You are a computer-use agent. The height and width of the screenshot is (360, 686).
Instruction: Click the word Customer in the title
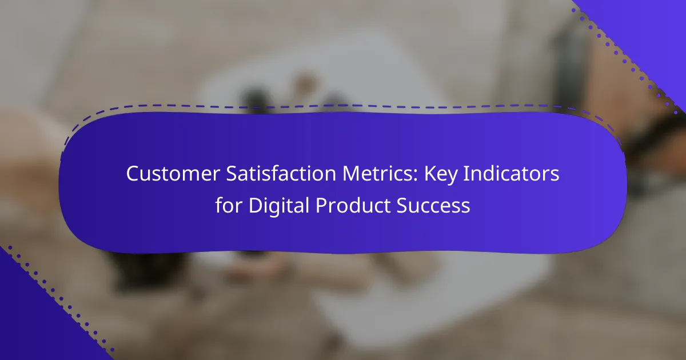point(173,174)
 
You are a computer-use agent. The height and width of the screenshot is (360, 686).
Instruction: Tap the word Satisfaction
point(281,173)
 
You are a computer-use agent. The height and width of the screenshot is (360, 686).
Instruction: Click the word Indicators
point(511,173)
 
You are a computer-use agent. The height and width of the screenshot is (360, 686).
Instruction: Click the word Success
point(433,205)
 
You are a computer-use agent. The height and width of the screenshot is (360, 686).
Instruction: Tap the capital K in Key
point(430,174)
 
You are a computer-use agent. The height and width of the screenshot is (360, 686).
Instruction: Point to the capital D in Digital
point(256,205)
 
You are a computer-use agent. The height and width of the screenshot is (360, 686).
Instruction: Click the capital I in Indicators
point(465,174)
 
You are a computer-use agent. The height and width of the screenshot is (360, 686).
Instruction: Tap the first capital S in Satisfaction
point(233,174)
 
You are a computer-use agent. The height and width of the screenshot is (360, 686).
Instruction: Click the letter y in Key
point(452,178)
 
